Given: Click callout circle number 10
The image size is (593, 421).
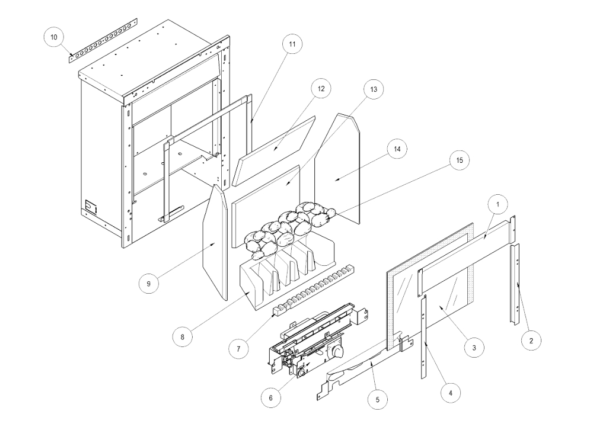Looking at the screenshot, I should (54, 37).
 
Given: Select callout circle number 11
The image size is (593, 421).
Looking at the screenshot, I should (291, 44).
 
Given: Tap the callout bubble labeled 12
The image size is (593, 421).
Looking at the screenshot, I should (320, 88).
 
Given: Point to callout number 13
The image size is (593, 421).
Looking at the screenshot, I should (374, 89).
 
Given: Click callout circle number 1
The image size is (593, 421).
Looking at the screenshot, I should (498, 204).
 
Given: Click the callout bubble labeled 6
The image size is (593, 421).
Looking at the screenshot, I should (271, 397).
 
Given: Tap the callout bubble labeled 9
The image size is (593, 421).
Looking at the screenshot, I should (148, 284).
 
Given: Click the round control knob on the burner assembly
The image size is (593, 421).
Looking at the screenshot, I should (339, 353).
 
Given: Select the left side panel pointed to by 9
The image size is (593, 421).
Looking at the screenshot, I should (215, 243).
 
